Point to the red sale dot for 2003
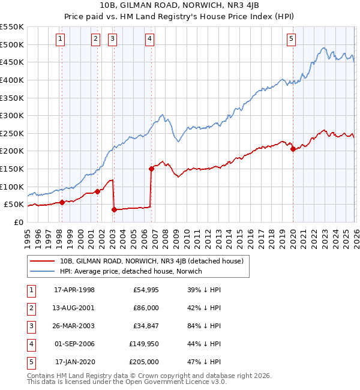tap(114, 209)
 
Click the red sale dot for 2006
tap(151, 169)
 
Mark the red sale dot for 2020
tap(292, 149)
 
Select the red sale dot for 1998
tap(62, 202)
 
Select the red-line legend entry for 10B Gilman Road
tap(151, 261)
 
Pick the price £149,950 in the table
tap(143, 344)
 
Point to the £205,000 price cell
tap(143, 362)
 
